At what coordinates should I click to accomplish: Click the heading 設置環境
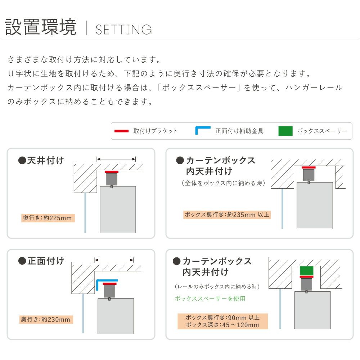point(41,27)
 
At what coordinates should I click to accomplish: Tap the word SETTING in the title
point(123,30)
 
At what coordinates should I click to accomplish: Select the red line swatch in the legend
point(121,131)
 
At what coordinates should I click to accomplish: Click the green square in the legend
point(285,131)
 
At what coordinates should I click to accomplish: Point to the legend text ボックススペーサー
point(322,131)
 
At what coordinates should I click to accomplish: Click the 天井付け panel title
point(41,160)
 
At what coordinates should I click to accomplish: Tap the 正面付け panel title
point(41,261)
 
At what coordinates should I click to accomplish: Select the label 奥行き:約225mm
point(48,218)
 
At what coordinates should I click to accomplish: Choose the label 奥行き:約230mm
point(46,319)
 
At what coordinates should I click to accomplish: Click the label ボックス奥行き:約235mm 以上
point(227,215)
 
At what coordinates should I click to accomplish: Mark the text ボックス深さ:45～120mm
point(222,325)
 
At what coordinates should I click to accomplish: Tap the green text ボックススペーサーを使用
point(210,298)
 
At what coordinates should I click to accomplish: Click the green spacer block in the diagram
point(306,271)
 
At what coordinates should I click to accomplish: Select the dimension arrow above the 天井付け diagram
point(116,159)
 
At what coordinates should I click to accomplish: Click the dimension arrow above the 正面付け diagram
point(114,260)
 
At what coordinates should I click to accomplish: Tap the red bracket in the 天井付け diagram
point(112,172)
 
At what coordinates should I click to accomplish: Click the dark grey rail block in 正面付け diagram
point(109,291)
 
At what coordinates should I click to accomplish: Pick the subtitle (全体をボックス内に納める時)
point(224,183)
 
